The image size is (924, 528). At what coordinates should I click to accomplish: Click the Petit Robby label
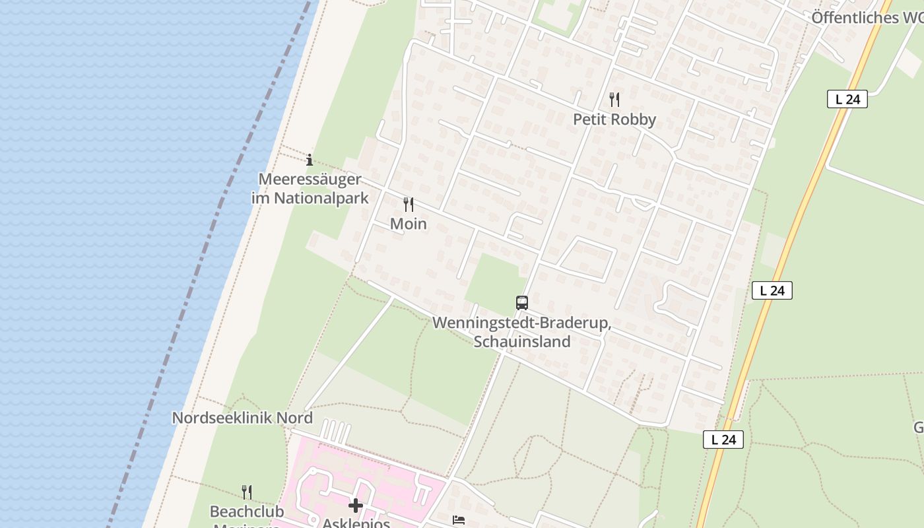(614, 119)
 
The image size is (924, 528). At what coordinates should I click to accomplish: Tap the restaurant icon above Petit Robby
(614, 100)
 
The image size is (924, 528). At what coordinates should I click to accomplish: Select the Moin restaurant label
(409, 224)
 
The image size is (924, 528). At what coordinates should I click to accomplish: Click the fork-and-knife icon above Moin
(409, 205)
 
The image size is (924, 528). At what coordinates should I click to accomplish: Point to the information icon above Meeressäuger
(310, 160)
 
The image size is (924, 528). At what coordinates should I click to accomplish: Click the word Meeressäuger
(310, 180)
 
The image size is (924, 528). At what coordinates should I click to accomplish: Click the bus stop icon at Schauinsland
(522, 303)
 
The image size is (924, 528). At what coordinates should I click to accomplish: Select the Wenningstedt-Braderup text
(521, 324)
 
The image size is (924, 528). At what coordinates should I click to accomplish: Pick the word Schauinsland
(521, 342)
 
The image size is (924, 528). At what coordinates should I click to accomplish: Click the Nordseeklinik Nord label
(242, 418)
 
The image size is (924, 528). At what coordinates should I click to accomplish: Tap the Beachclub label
(246, 511)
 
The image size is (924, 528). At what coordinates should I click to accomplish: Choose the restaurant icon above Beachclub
(246, 492)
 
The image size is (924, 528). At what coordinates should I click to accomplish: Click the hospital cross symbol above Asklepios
(356, 506)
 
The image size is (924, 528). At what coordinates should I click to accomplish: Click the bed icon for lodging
(459, 520)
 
